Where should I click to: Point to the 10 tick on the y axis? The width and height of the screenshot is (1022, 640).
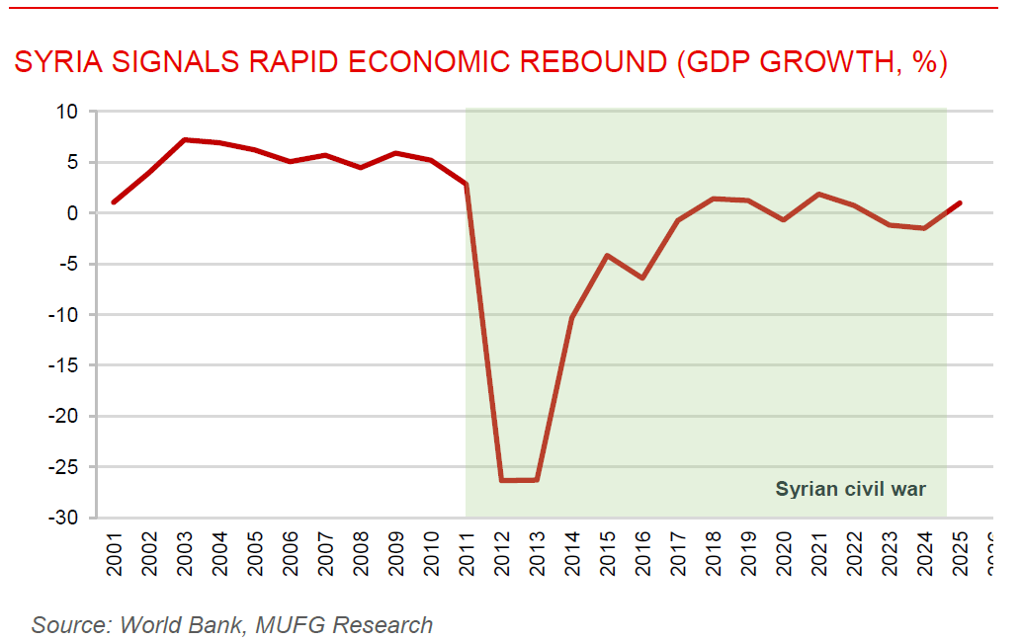[x=66, y=112]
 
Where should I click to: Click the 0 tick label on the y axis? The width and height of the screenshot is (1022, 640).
[x=72, y=213]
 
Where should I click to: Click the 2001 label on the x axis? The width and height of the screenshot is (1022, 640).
[x=114, y=553]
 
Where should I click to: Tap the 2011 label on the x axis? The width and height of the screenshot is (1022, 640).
[x=467, y=553]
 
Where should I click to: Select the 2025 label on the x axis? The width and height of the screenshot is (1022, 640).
[x=960, y=553]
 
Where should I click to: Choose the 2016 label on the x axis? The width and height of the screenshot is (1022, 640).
[x=643, y=553]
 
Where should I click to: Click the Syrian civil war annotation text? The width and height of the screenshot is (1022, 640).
[x=851, y=489]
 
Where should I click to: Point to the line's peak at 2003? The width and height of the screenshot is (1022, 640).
[x=185, y=140]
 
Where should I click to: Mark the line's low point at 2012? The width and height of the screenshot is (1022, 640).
[x=502, y=480]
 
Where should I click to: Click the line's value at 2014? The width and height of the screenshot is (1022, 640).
[x=572, y=318]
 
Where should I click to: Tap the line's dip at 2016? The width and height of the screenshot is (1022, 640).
[x=642, y=278]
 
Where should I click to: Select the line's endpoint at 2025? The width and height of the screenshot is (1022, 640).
[x=959, y=203]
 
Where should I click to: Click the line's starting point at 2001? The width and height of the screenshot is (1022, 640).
[x=114, y=202]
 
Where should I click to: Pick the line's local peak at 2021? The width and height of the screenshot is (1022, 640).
[x=819, y=194]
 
